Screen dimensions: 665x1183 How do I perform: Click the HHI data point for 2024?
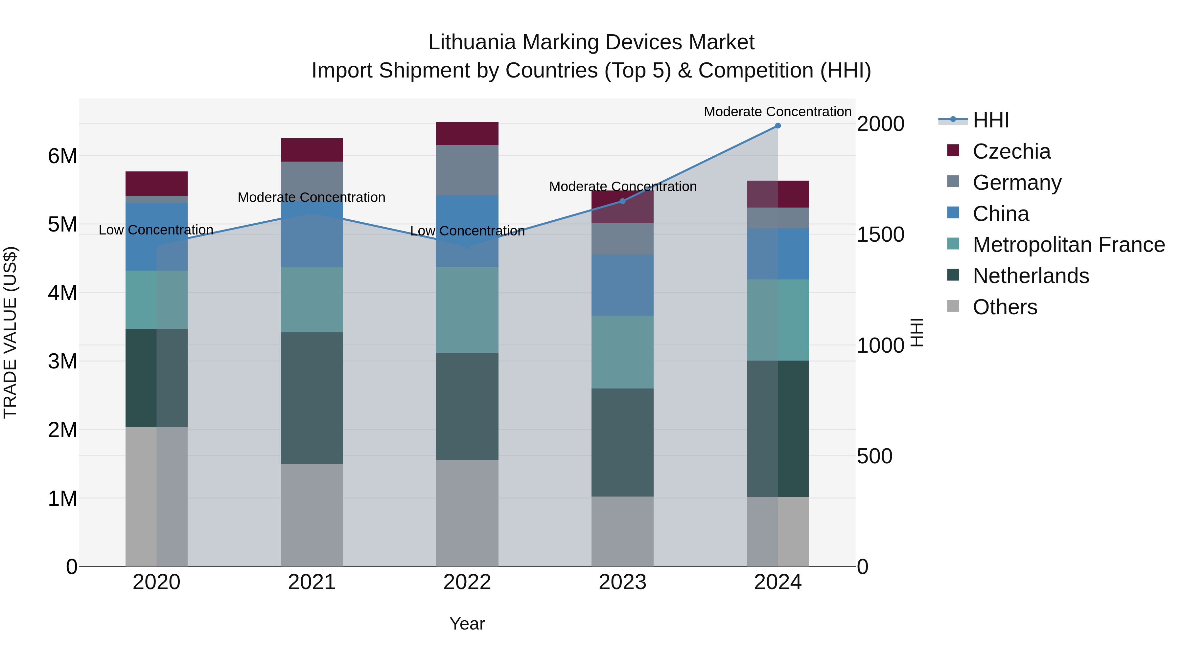(x=777, y=125)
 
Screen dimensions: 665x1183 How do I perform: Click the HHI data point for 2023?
(x=622, y=201)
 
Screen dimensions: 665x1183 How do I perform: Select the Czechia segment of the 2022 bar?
(x=467, y=134)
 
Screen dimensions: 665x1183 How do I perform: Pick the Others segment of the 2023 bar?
(x=622, y=531)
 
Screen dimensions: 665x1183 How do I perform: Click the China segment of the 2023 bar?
(x=622, y=285)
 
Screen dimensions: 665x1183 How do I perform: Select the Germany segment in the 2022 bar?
(x=467, y=170)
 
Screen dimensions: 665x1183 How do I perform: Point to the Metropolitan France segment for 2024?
(x=777, y=320)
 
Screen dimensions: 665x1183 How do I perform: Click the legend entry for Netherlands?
(x=1031, y=276)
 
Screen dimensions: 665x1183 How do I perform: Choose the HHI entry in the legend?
(x=990, y=120)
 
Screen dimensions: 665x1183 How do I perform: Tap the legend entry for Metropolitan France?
(x=1068, y=245)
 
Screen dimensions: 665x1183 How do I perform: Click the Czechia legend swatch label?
(x=1011, y=151)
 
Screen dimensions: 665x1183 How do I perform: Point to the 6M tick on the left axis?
(x=62, y=156)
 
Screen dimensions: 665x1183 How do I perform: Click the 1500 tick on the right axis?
(x=880, y=234)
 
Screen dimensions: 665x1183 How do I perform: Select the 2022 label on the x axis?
(x=467, y=582)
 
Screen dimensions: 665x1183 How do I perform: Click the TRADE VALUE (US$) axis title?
(x=10, y=332)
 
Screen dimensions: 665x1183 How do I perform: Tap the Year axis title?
(x=467, y=624)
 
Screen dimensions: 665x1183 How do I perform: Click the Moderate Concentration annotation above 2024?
(x=777, y=112)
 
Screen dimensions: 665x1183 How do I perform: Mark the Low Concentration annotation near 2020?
(x=156, y=230)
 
